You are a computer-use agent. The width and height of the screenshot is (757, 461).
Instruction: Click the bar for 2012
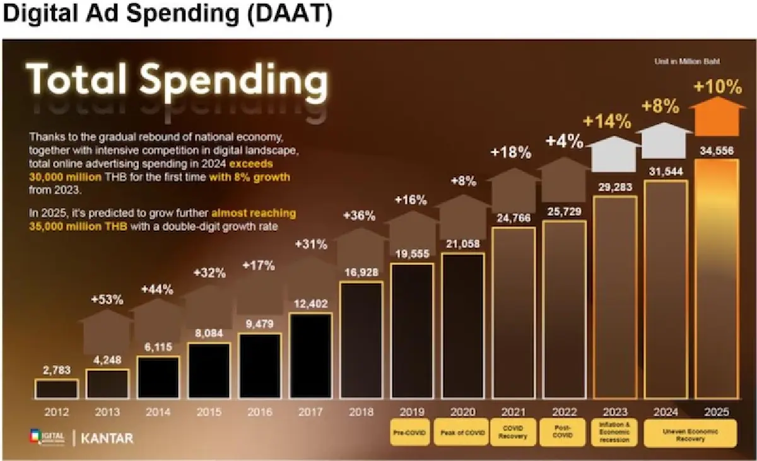click(56, 388)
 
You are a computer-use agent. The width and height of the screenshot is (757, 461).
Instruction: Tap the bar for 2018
click(361, 340)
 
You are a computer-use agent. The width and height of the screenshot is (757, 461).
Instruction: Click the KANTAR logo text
click(107, 437)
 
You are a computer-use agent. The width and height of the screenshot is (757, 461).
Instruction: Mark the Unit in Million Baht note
click(685, 62)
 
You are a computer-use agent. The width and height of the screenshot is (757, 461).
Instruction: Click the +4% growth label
click(565, 141)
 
